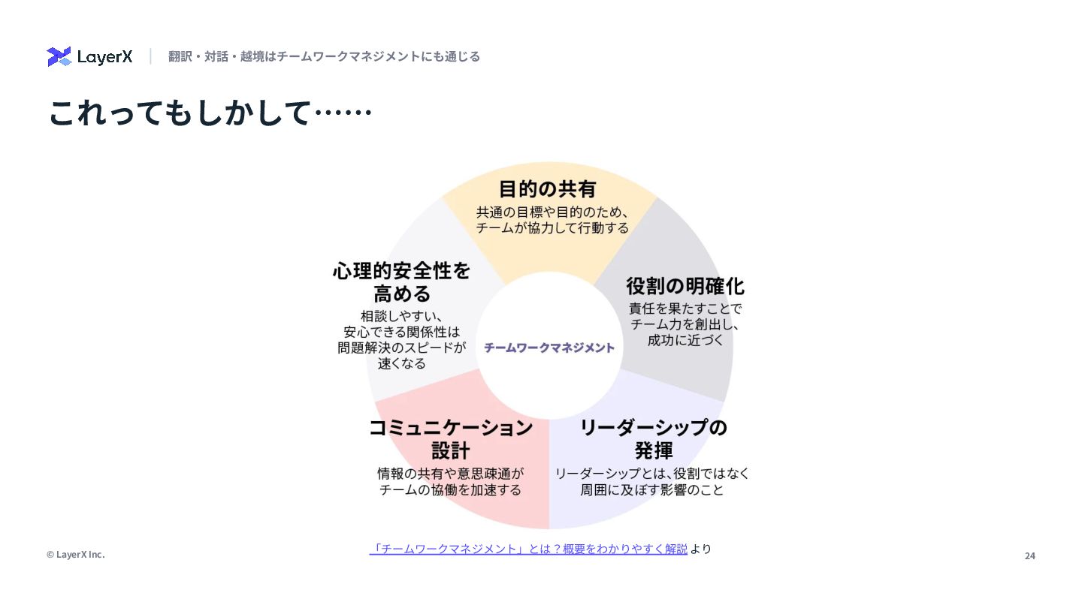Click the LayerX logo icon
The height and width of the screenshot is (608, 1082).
59,56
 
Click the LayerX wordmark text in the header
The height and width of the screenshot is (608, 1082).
104,57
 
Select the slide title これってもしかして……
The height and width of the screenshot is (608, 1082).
210,113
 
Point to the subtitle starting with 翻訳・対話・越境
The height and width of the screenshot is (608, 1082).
324,56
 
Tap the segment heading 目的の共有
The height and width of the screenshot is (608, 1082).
548,188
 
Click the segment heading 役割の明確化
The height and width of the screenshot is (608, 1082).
685,286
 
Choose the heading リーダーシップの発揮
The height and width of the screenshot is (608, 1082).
654,438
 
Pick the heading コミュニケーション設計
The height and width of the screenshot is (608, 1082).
451,438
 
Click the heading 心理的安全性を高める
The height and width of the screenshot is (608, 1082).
402,281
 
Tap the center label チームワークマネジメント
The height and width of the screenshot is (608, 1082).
549,348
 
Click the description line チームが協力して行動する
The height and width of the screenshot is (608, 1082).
552,227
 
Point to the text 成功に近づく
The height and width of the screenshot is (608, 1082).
685,341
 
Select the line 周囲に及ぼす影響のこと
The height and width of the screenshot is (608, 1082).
652,490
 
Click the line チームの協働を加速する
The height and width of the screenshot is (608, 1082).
450,490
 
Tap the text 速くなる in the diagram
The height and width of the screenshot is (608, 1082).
402,363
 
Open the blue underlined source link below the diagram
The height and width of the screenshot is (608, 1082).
528,549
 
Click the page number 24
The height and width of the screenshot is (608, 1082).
1029,555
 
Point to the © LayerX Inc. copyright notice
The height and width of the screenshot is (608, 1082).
76,555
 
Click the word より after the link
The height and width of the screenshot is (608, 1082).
700,549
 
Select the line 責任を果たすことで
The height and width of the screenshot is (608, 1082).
685,309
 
